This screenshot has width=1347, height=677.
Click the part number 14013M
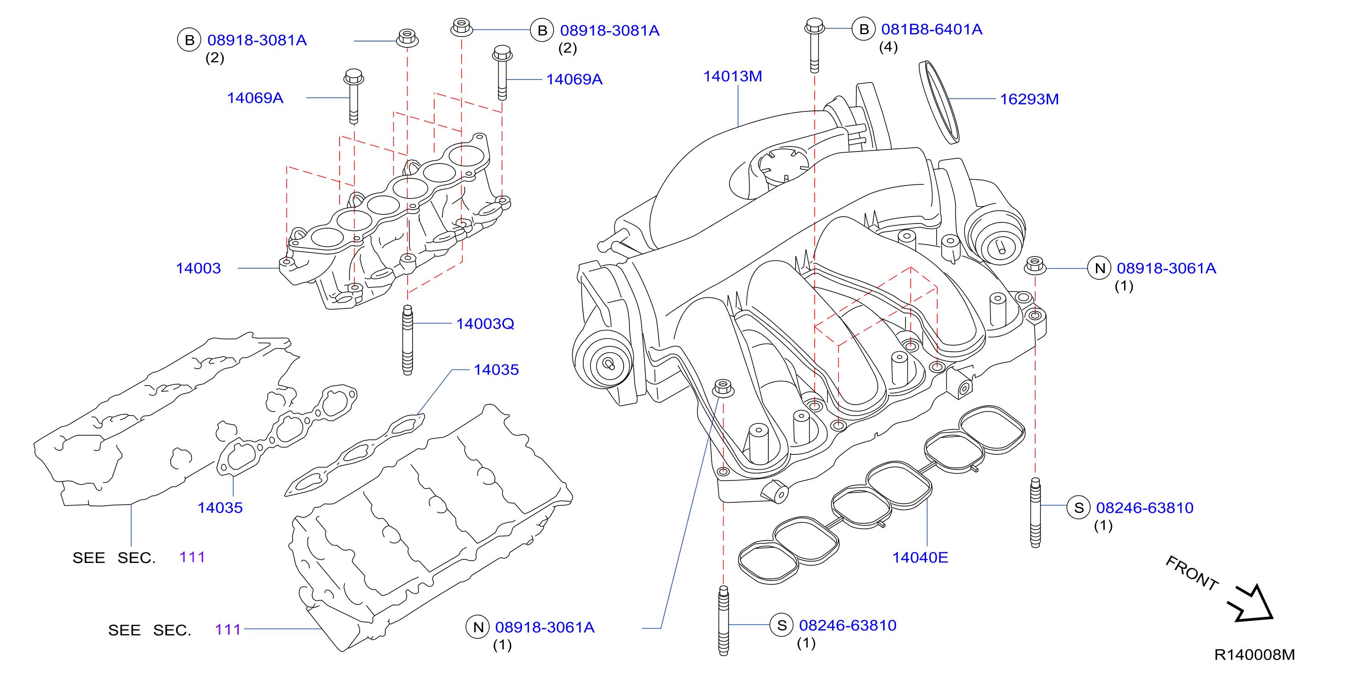tap(732, 76)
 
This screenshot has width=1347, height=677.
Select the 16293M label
tap(1029, 99)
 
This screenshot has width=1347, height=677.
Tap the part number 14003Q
tap(485, 324)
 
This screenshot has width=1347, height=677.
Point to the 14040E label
tap(920, 557)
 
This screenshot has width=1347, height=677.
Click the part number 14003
tap(198, 269)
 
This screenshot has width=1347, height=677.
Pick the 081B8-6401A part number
tap(931, 30)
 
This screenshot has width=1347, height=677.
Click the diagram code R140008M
tap(1254, 655)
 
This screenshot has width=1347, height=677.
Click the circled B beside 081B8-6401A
tap(864, 29)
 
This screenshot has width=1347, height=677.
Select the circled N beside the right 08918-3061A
tap(1100, 268)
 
